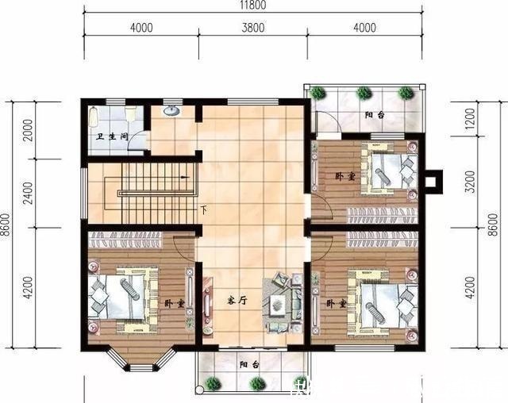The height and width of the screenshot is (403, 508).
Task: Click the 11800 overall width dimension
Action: pyautogui.click(x=254, y=6)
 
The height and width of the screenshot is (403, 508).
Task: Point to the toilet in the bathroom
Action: pyautogui.click(x=94, y=117)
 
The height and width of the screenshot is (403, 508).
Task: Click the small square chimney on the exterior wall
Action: pyautogui.click(x=431, y=182)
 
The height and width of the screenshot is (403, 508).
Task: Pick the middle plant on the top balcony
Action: pyautogui.click(x=364, y=92)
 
